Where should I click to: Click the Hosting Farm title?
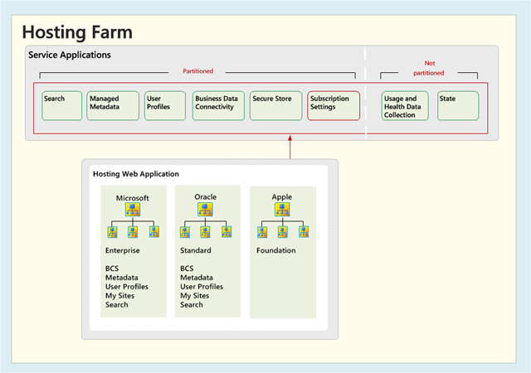click(x=77, y=32)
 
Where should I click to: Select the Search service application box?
click(x=62, y=105)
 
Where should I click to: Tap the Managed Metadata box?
click(x=113, y=105)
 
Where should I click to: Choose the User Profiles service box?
click(x=165, y=105)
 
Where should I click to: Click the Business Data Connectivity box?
click(x=218, y=105)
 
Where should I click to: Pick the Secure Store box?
click(x=276, y=105)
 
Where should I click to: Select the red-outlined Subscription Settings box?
click(x=334, y=105)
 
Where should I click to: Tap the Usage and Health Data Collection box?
click(x=405, y=105)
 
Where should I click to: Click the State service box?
click(x=458, y=105)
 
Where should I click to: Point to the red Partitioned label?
click(x=198, y=71)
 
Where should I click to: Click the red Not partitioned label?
click(x=429, y=68)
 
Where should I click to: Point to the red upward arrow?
click(x=290, y=147)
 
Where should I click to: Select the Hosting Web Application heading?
click(x=136, y=174)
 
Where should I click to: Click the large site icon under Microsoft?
click(x=133, y=210)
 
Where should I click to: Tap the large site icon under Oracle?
click(x=205, y=210)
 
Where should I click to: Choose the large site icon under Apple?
click(x=282, y=210)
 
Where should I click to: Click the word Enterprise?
click(x=123, y=251)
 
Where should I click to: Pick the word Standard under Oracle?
click(x=196, y=250)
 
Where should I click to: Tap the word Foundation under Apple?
click(x=276, y=250)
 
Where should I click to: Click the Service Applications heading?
click(x=70, y=56)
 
